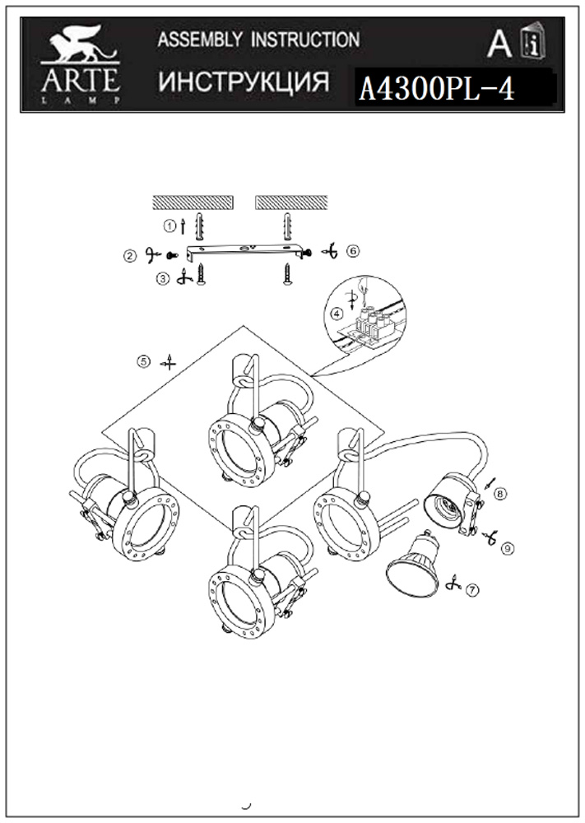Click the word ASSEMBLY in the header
[200, 40]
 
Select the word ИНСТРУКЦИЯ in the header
[244, 81]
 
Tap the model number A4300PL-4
[437, 89]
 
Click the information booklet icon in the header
[532, 42]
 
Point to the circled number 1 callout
[169, 226]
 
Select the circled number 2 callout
[129, 256]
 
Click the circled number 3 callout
[163, 279]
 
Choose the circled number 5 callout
[143, 361]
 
